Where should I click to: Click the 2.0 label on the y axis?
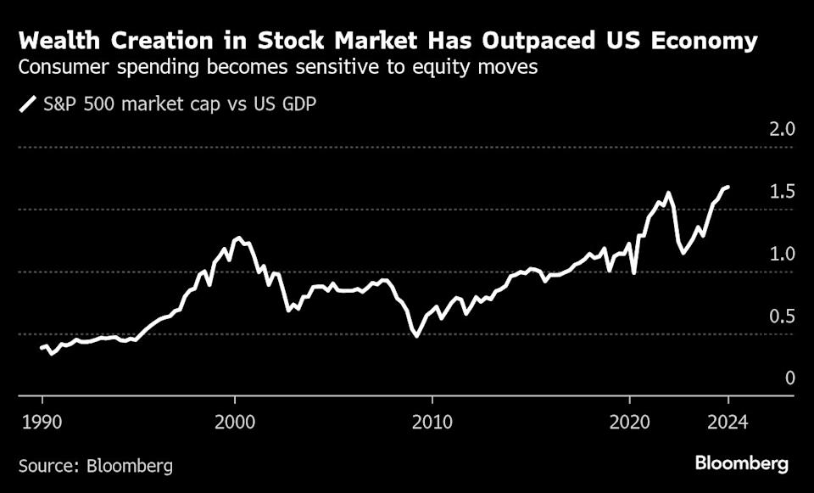tap(783, 130)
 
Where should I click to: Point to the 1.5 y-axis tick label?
tap(783, 192)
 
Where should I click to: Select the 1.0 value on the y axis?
tap(783, 254)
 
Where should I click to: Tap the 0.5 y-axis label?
tap(783, 316)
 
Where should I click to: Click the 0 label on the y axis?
tap(789, 378)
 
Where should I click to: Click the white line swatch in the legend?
tap(28, 105)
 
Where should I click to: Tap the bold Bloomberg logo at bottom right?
tap(742, 463)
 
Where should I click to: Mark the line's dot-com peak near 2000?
tap(239, 238)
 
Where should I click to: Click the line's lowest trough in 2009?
tap(416, 336)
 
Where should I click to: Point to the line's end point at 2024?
tap(728, 187)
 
